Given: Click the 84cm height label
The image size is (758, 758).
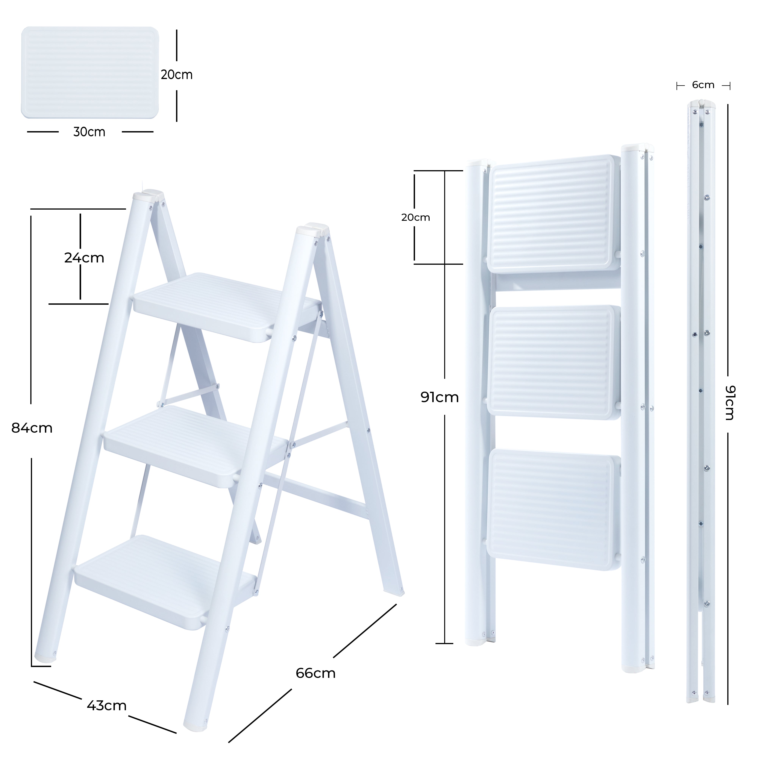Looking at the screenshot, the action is coord(32,428).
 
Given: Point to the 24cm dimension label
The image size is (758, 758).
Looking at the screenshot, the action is coord(84,258).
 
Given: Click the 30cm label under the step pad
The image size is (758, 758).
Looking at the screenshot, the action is coord(89,132).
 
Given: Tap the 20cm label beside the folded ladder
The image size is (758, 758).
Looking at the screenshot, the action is coord(416,217).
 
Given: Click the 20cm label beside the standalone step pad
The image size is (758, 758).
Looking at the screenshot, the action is coord(177,74).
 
